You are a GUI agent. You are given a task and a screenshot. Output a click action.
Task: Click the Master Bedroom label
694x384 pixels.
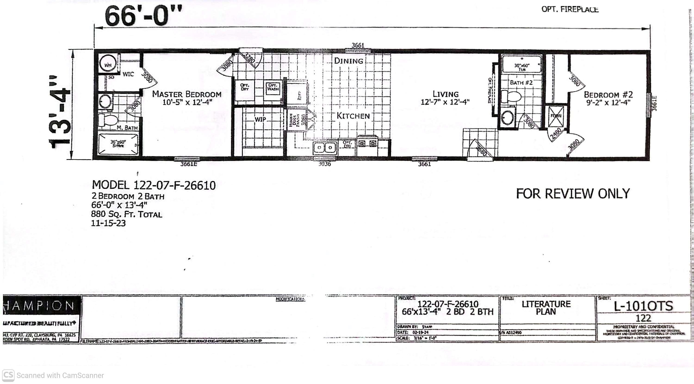187,94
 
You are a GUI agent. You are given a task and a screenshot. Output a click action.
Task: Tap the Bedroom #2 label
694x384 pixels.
608,95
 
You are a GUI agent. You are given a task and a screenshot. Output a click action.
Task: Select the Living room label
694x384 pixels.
445,94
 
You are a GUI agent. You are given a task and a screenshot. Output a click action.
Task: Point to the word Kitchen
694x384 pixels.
353,116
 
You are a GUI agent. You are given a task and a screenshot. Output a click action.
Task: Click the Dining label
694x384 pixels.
348,61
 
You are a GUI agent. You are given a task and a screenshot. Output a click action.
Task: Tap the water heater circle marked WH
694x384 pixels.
108,64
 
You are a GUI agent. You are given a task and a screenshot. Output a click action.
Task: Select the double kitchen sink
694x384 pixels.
325,148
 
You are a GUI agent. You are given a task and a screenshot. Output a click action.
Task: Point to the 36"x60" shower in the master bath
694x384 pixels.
118,144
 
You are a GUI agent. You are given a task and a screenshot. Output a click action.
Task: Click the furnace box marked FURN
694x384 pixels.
556,116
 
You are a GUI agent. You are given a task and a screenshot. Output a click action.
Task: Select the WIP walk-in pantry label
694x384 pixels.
260,119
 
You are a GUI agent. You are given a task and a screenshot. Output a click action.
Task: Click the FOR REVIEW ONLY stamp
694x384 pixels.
573,194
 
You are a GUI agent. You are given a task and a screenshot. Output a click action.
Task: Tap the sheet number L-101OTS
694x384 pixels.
643,306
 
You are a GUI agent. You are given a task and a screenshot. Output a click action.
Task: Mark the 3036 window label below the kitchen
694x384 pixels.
325,164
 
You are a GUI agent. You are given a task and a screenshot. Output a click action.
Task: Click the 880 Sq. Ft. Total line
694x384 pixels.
127,214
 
